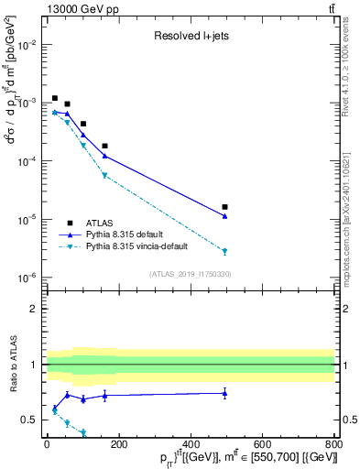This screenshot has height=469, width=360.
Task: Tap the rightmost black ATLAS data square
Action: click(224, 207)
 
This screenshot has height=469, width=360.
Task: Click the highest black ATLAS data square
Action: click(55, 98)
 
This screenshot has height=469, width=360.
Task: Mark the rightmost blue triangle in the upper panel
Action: click(224, 216)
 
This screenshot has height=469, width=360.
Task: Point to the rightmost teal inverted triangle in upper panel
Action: click(224, 251)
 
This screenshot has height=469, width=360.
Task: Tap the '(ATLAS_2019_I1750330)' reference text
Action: click(190, 274)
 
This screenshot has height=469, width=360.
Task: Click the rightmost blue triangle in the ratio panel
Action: click(224, 393)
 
